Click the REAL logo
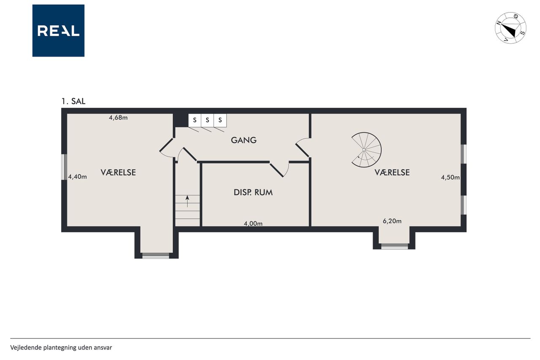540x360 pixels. tap(58, 31)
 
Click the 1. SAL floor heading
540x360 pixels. tap(73, 101)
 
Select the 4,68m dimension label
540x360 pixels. tap(119, 118)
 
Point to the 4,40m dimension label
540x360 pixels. tap(77, 177)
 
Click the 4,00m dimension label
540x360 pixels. tap(253, 224)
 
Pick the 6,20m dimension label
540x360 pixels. tap(392, 221)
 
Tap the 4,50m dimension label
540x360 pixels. tap(450, 178)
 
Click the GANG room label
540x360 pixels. tap(244, 140)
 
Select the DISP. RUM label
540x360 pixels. tap(253, 192)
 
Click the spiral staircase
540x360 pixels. tap(366, 150)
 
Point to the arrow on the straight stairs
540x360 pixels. tap(187, 201)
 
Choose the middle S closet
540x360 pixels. tap(207, 120)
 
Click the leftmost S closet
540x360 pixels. tap(195, 120)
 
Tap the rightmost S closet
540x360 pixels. tap(220, 120)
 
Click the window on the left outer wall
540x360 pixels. tap(64, 167)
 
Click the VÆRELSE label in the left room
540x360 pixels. tap(118, 173)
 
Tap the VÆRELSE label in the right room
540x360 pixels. tap(392, 173)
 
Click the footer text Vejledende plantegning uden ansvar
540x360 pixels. tap(61, 348)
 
